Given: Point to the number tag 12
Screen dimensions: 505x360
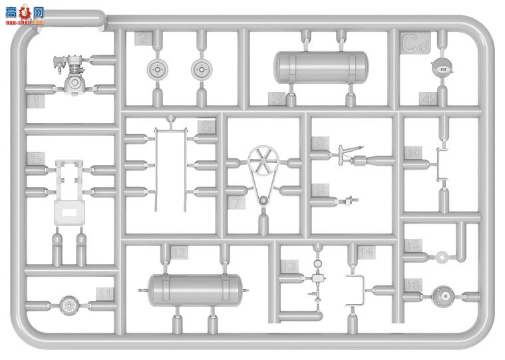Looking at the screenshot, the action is pyautogui.click(x=178, y=252).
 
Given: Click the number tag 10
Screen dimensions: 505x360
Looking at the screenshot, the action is pyautogui.click(x=415, y=152).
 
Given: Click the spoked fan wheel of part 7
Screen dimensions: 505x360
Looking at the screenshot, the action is pyautogui.click(x=261, y=162).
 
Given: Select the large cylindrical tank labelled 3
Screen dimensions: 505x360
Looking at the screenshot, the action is pyautogui.click(x=320, y=67).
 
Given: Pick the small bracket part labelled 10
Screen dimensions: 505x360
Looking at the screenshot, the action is pyautogui.click(x=440, y=164).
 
